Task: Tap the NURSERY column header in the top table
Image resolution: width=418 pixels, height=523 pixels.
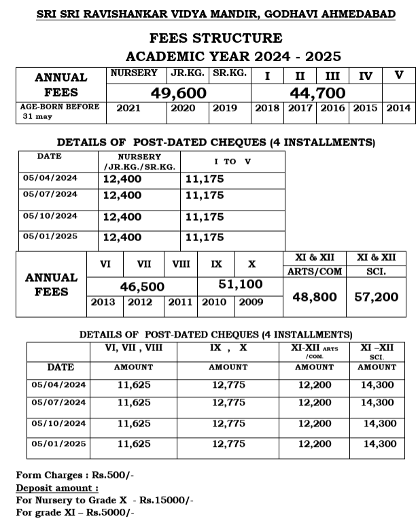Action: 134,73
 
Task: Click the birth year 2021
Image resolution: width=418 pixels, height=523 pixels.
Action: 128,109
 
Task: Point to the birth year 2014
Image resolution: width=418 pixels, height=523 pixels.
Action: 398,109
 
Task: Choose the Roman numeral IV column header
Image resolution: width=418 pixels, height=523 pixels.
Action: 366,75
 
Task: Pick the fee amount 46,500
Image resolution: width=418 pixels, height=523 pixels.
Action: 142,287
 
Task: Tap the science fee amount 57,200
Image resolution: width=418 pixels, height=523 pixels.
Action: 377,297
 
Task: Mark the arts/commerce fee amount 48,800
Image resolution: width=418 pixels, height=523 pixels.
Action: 314,297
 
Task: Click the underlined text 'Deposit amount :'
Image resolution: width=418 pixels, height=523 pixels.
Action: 57,488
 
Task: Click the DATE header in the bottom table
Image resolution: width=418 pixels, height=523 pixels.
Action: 60,367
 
